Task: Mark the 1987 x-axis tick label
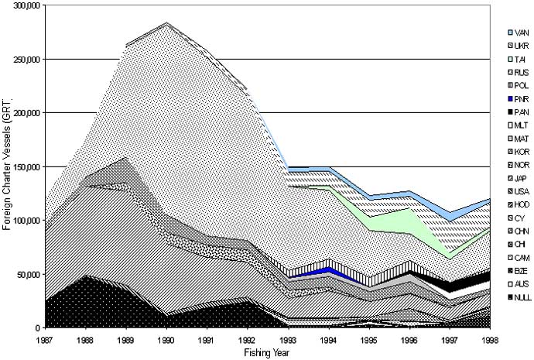point(46,338)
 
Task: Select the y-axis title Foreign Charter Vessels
point(8,166)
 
